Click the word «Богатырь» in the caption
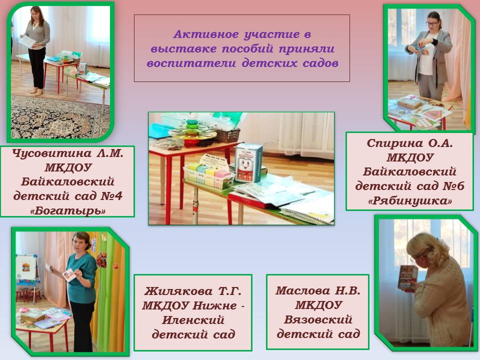[67, 210]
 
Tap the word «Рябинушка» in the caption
[410, 201]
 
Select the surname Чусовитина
[51, 153]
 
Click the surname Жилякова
[178, 291]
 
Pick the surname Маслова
[303, 290]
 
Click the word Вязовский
[318, 319]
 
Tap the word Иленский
[193, 320]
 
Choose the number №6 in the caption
[453, 186]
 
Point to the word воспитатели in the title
[191, 63]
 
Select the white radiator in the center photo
[305, 135]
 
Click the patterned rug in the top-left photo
[60, 117]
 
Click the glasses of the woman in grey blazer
[432, 23]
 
